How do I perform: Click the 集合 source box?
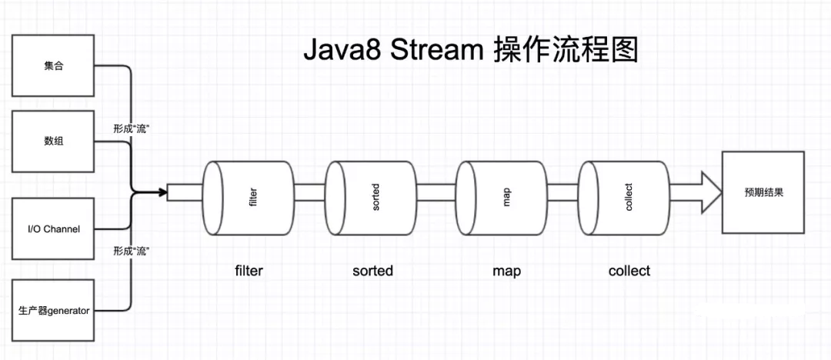coord(52,65)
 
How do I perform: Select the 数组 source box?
coord(52,142)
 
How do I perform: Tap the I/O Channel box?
coord(52,228)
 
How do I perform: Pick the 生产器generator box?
coord(52,310)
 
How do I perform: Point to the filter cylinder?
coord(249,198)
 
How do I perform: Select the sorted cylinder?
coord(371,198)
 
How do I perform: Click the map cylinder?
coord(502,198)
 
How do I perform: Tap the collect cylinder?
coord(624,198)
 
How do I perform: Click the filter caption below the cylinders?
coord(249,271)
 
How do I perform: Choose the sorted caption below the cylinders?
coord(372,271)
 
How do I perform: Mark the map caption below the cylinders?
coord(506,272)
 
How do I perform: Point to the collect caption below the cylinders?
coord(629,271)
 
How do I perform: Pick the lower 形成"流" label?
coord(129,250)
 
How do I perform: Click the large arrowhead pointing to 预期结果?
coord(711,192)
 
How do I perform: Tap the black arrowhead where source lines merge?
coord(162,192)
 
